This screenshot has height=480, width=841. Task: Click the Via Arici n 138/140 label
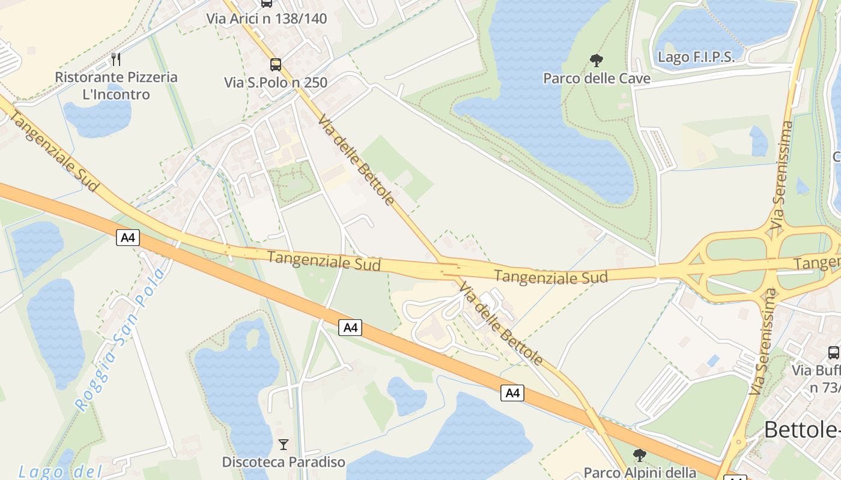[x=267, y=19]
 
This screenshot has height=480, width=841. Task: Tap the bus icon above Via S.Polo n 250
[x=276, y=64]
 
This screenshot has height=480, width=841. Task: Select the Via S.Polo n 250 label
[x=276, y=82]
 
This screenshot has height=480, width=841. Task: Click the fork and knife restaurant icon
[x=117, y=59]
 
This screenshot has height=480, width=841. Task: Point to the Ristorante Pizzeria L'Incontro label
[x=117, y=85]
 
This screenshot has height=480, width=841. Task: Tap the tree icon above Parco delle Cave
[x=597, y=60]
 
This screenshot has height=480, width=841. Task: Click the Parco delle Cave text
[x=597, y=78]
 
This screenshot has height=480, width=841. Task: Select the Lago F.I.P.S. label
[x=696, y=57]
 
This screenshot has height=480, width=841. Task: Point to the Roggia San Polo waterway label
[x=120, y=340]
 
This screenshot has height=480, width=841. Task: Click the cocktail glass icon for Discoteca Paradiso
[x=284, y=445]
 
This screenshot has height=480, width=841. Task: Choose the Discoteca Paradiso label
[x=284, y=462]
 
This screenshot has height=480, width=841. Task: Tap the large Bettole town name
[x=801, y=430]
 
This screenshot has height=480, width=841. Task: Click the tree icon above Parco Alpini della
[x=640, y=455]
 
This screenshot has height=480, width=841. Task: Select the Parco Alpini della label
[x=640, y=473]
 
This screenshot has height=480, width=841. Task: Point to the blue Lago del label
[x=60, y=472]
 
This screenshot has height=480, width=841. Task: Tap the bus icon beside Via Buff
[x=834, y=352]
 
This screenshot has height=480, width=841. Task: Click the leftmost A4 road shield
[x=128, y=238]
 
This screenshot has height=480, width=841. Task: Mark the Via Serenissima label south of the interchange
[x=764, y=341]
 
